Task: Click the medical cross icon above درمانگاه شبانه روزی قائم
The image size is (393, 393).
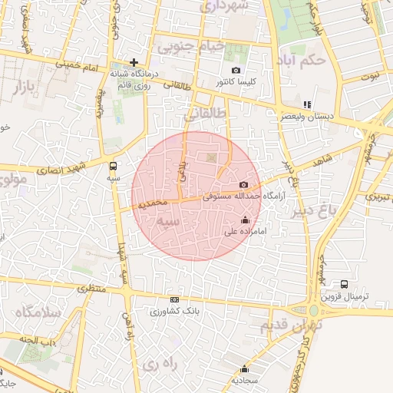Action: (x=134, y=62)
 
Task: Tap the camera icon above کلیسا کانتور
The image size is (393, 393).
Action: (x=236, y=70)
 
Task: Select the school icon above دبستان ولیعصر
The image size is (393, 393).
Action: (x=307, y=104)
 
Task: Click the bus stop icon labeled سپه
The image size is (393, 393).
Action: (x=114, y=166)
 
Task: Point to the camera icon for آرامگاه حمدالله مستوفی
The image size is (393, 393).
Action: (x=244, y=185)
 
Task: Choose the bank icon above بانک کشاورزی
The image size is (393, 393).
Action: (x=174, y=299)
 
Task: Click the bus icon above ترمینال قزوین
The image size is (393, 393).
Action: (x=344, y=284)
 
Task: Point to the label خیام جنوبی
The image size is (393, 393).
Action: (x=191, y=46)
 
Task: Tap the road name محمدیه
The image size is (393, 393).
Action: (x=148, y=203)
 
